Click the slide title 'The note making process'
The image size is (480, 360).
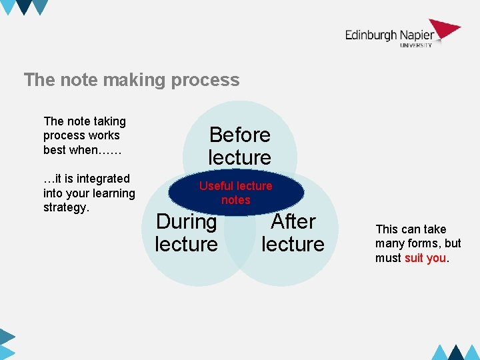coord(131,80)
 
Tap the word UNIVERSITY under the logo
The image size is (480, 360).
coord(416,45)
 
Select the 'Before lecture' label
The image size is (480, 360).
coord(239,146)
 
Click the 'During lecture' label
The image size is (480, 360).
coord(186,232)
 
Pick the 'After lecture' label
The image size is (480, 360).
coord(293,232)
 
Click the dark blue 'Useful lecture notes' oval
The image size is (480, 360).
coord(236,193)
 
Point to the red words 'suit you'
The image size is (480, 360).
coord(425,258)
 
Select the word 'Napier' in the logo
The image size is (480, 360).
coord(417,35)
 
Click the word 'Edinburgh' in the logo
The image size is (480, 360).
coord(371,35)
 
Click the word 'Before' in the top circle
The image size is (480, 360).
coord(240,135)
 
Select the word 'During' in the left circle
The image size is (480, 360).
coord(186,221)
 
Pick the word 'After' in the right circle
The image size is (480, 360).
coord(293,221)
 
